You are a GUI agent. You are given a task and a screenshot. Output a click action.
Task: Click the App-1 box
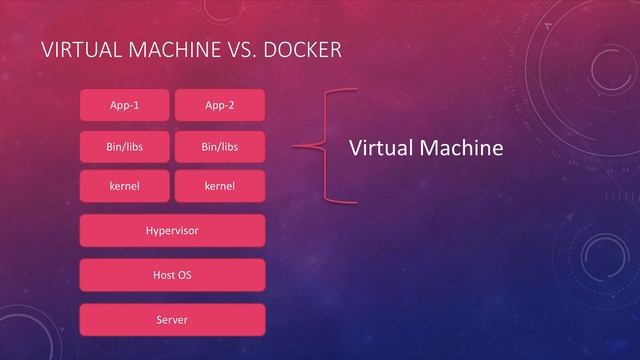tap(125, 105)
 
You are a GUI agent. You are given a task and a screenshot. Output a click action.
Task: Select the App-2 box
tap(219, 105)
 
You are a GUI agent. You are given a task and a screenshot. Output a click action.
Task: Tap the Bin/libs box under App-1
tap(125, 147)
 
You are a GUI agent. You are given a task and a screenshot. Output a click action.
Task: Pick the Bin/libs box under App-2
tap(219, 147)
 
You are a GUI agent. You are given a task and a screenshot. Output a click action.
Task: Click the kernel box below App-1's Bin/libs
tap(125, 186)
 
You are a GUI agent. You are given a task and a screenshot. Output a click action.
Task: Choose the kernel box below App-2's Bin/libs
tap(219, 186)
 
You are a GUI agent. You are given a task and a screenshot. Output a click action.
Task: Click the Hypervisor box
tap(172, 231)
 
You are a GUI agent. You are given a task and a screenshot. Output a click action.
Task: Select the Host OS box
tap(172, 275)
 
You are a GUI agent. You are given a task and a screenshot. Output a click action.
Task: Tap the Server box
tap(172, 319)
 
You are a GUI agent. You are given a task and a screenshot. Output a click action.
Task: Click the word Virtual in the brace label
tap(381, 148)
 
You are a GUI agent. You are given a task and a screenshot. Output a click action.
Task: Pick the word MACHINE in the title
tap(169, 50)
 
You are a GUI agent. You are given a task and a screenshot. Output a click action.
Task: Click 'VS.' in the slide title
tap(232, 50)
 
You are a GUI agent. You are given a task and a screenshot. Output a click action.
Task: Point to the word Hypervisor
tap(172, 231)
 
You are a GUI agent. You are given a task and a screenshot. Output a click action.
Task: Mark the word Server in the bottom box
tap(172, 319)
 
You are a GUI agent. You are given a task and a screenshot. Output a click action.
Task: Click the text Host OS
tap(172, 275)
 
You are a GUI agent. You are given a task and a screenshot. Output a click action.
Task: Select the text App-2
tap(219, 105)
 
